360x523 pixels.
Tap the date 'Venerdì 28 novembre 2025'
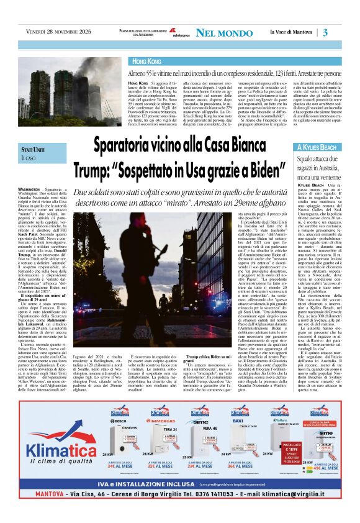click(60, 32)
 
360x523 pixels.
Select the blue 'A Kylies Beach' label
click(317, 147)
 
